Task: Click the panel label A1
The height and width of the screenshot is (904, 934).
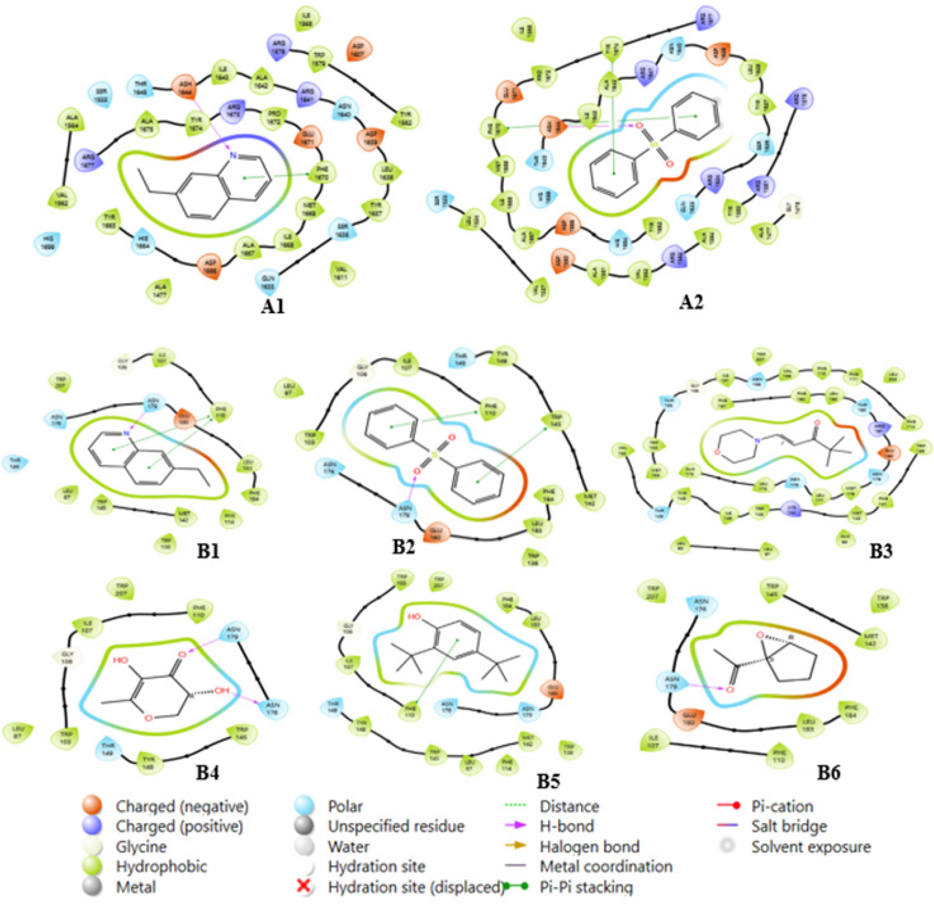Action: click(x=273, y=306)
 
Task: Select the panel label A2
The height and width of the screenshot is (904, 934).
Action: click(x=691, y=302)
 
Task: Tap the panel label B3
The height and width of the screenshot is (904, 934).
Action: click(x=880, y=551)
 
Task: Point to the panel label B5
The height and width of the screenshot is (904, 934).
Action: click(x=548, y=781)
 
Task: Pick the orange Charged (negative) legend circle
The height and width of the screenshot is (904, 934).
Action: click(x=92, y=806)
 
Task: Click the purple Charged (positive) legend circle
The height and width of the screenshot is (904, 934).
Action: click(x=92, y=826)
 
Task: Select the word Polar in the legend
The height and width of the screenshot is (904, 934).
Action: click(x=345, y=806)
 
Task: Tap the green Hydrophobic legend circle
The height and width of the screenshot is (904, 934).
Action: click(x=92, y=866)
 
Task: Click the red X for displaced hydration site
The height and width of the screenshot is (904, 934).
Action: click(x=304, y=886)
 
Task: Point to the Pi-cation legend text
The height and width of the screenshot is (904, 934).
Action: click(x=782, y=806)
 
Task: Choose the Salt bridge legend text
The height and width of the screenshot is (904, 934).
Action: click(x=789, y=826)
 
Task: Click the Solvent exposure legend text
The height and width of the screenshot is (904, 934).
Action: click(x=811, y=846)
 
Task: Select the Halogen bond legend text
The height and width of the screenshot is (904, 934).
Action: click(x=590, y=846)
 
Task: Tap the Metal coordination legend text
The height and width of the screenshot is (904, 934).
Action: click(x=606, y=866)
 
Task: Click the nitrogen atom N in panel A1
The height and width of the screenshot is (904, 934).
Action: click(x=234, y=156)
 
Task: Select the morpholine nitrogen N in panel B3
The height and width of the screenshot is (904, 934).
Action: click(x=758, y=441)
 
